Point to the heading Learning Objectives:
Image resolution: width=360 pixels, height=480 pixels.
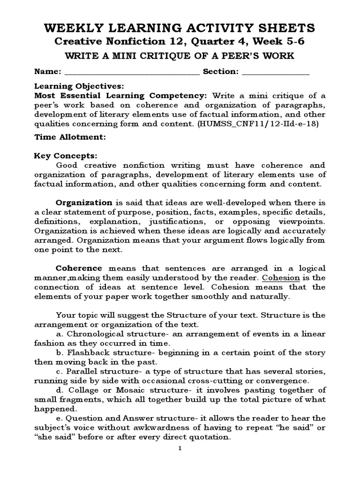click(x=79, y=87)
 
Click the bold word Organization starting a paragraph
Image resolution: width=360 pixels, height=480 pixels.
click(x=84, y=202)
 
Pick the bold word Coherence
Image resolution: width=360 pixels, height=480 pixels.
click(x=79, y=268)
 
